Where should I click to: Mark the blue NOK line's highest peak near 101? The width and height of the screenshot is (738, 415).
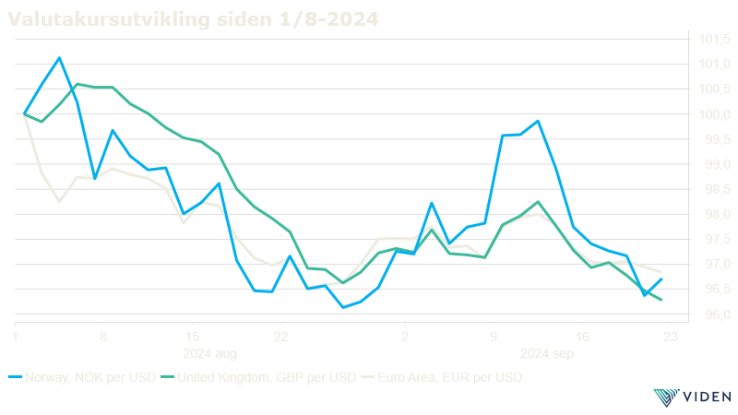coord(60,57)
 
